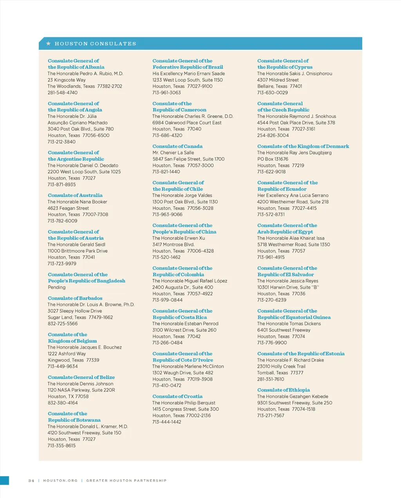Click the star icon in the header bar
pos(49,43)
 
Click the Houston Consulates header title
pos(96,44)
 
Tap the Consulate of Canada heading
pos(177,146)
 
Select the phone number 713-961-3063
pos(166,93)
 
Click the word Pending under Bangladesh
pos(57,287)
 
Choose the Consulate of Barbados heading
pos(75,298)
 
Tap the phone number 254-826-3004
pos(273,135)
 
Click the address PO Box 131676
pos(273,159)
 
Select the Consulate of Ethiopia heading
pos(284,390)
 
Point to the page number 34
pos(31,480)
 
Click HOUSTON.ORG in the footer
pos(60,480)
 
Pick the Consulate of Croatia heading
pos(177,397)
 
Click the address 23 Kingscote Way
pos(67,80)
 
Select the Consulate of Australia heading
pos(75,195)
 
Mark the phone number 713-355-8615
pos(61,446)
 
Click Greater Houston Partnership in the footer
pos(126,480)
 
